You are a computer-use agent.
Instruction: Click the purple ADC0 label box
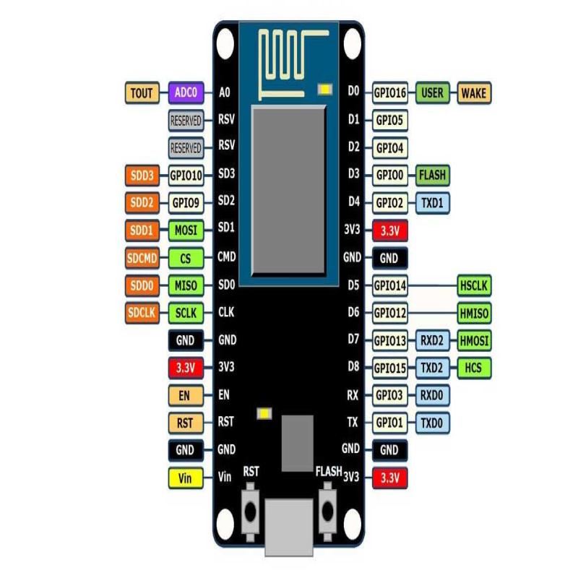click(186, 92)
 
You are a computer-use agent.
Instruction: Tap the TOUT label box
click(142, 92)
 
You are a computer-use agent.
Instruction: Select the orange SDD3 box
click(142, 175)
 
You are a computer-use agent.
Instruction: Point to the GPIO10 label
click(186, 175)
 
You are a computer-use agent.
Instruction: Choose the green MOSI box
click(186, 230)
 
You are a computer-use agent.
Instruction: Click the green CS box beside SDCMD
click(186, 258)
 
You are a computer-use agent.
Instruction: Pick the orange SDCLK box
click(142, 313)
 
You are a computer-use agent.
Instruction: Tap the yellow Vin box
click(185, 478)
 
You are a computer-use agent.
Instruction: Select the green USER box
click(432, 92)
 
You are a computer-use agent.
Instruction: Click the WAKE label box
click(474, 92)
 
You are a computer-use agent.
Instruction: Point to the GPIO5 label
click(390, 120)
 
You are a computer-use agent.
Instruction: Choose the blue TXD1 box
click(432, 203)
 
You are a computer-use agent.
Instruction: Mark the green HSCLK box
click(474, 285)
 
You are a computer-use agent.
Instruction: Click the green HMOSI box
click(474, 340)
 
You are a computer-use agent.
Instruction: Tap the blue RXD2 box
click(432, 340)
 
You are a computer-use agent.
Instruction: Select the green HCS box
click(474, 368)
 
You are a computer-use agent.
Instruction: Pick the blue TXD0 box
click(432, 423)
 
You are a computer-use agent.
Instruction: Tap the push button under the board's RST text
click(251, 510)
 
